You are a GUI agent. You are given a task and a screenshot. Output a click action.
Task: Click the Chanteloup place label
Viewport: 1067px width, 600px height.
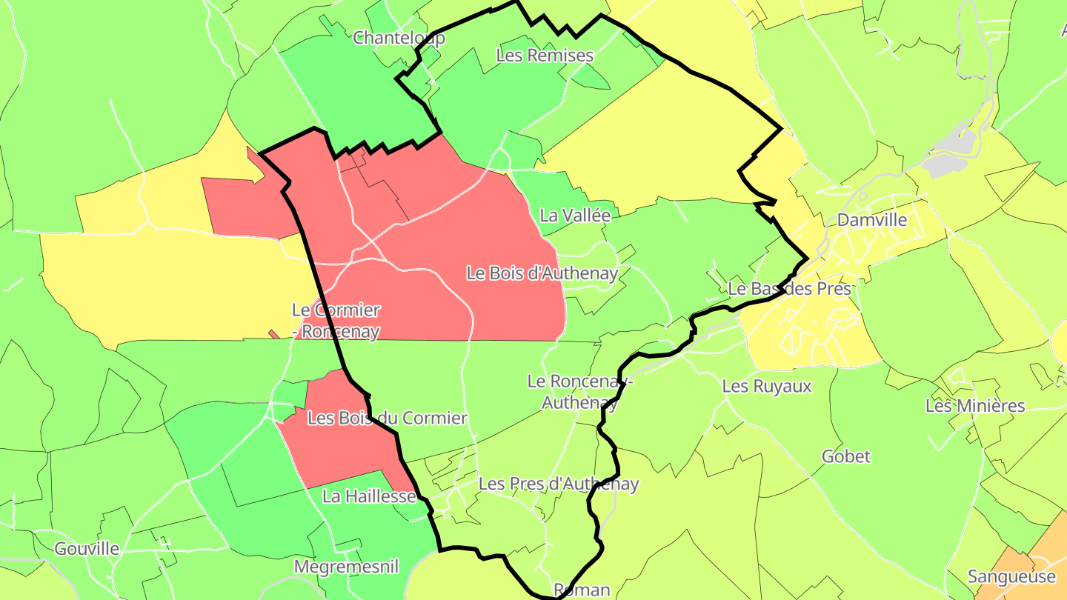coord(399,38)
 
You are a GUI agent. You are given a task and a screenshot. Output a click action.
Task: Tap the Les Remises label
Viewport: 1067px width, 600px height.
coord(545,55)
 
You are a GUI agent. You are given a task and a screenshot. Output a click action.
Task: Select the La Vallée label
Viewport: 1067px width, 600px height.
coord(575,216)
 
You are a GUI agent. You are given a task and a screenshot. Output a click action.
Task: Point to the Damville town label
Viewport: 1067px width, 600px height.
coord(871,219)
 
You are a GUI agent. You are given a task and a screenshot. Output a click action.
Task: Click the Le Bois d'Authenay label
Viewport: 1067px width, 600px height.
coord(542,273)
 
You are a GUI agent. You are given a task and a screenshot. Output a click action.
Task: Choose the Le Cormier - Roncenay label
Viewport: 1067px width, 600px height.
coord(336,321)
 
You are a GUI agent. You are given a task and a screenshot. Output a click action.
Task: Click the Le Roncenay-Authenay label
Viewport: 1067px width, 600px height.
coord(579,392)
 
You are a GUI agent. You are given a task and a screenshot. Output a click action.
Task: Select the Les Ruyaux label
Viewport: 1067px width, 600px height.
coord(767,386)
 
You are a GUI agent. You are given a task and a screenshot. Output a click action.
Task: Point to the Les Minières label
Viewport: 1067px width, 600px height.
coord(975,406)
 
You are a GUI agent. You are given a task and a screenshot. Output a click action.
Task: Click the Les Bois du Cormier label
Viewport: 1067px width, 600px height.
coord(387,419)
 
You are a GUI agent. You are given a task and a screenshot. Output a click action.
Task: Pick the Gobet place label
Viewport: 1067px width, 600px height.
coord(845,456)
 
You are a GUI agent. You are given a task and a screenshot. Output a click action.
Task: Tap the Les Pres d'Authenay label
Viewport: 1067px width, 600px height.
coord(559,484)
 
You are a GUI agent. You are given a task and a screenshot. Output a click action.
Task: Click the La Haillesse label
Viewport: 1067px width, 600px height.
coord(369,496)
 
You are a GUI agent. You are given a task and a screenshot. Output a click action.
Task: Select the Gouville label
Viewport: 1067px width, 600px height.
coord(87,549)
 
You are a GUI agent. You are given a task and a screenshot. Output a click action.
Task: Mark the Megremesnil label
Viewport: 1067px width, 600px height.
coord(346,567)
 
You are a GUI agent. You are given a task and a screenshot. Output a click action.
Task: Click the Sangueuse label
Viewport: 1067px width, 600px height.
coord(1011,577)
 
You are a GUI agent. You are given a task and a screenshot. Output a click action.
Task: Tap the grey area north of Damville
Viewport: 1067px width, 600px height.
coord(952,156)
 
